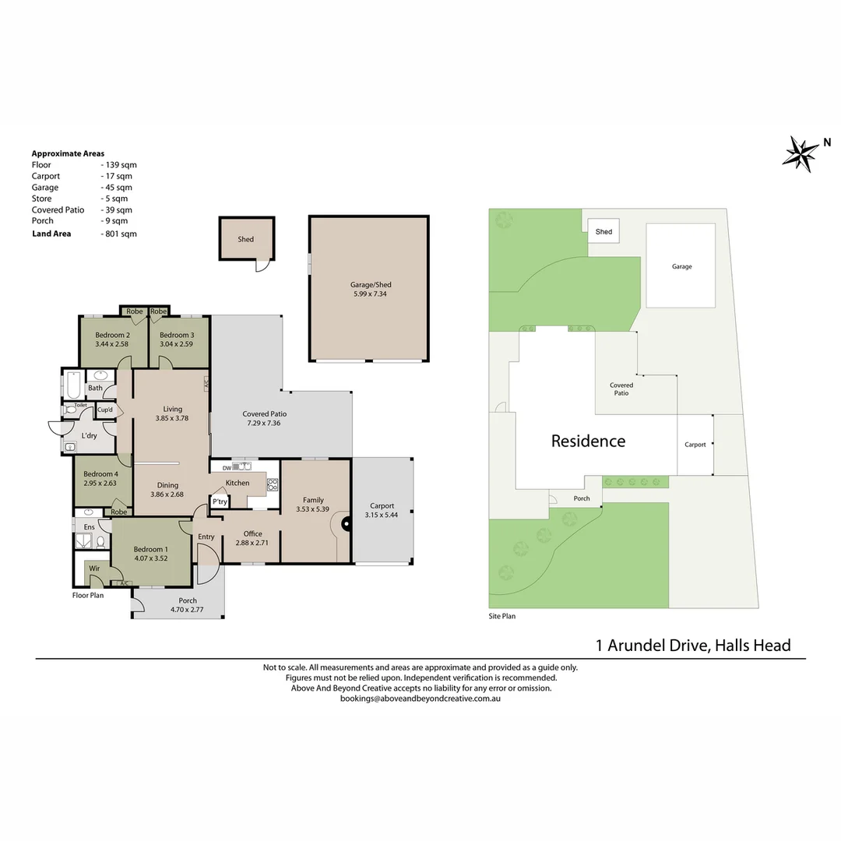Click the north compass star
pyautogui.click(x=801, y=154)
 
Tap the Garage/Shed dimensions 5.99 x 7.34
pyautogui.click(x=370, y=294)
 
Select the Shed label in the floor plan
pyautogui.click(x=245, y=239)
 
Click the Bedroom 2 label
pyautogui.click(x=113, y=335)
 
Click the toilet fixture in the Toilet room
pyautogui.click(x=70, y=410)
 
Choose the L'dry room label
pyautogui.click(x=89, y=435)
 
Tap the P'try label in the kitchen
pyautogui.click(x=220, y=502)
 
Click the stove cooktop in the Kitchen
pyautogui.click(x=273, y=485)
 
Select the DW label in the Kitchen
pyautogui.click(x=227, y=468)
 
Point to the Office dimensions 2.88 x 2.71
pyautogui.click(x=252, y=543)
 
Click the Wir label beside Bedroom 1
pyautogui.click(x=94, y=568)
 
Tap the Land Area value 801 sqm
pyautogui.click(x=119, y=234)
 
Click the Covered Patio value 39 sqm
pyautogui.click(x=116, y=210)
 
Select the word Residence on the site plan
pyautogui.click(x=589, y=441)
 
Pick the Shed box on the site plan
pyautogui.click(x=603, y=231)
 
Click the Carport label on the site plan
pyautogui.click(x=695, y=445)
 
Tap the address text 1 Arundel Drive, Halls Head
pyautogui.click(x=693, y=646)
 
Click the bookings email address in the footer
pyautogui.click(x=420, y=698)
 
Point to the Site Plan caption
pyautogui.click(x=502, y=616)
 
